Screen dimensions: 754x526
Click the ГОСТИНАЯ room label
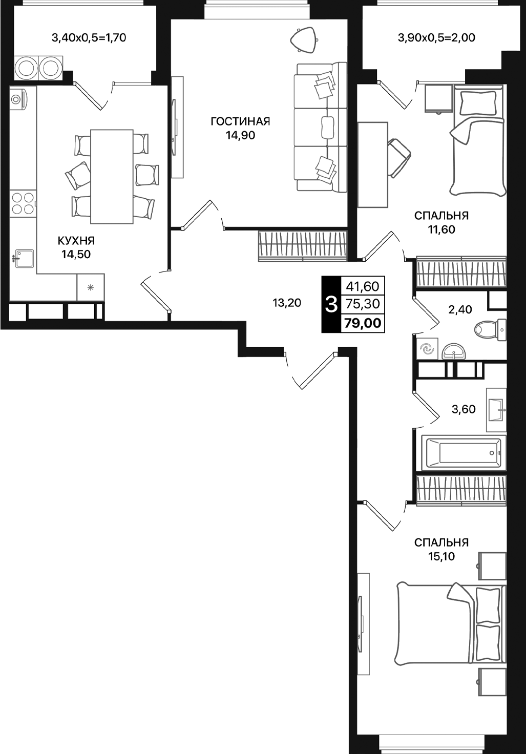[240, 121]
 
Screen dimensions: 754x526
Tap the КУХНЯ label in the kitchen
[76, 241]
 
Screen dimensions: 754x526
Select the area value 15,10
[441, 556]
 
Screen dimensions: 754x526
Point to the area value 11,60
[441, 229]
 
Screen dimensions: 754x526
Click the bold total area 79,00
[363, 323]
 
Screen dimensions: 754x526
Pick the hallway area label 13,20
[287, 303]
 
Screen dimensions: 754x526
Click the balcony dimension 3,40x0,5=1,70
[89, 37]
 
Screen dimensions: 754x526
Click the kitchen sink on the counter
[24, 259]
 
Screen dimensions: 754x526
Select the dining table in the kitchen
[112, 176]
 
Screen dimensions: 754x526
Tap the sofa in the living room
[320, 127]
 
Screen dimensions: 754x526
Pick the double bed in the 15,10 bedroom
[450, 625]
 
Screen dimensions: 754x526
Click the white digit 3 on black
[331, 304]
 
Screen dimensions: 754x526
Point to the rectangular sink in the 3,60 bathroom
[496, 410]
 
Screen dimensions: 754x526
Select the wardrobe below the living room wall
[303, 246]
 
